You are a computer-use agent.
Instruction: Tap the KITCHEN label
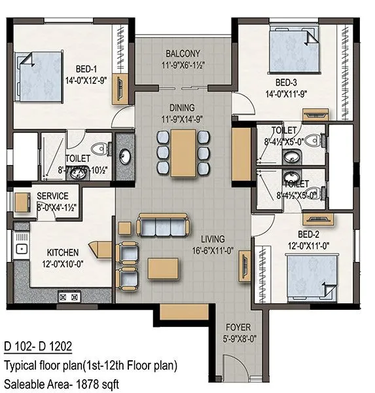63,252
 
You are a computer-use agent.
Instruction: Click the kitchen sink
22,249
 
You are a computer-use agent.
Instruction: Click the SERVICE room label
53,196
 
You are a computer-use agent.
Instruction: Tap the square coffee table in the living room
158,269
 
